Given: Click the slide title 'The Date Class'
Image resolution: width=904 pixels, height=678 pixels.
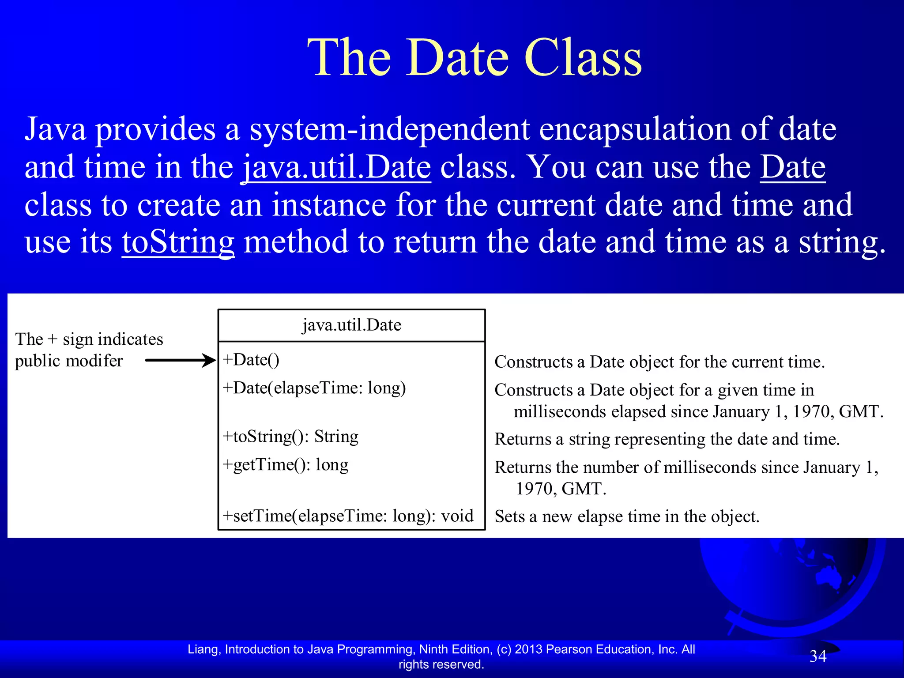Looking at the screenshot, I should click(475, 57).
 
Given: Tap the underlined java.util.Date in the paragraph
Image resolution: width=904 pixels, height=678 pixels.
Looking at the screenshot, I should click(336, 168).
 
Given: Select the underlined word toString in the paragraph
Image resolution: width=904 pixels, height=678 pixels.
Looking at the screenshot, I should click(178, 242).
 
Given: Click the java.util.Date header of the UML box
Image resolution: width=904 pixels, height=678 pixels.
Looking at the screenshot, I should click(351, 325).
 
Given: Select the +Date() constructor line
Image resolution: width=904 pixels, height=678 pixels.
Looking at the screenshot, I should click(251, 360).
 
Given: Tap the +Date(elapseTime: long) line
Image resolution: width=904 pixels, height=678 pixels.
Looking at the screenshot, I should click(314, 388).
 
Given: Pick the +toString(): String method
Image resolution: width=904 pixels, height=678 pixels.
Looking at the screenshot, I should click(290, 436).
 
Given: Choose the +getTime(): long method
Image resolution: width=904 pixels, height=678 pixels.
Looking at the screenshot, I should click(285, 464).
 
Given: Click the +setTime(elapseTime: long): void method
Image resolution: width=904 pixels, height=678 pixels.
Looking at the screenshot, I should click(348, 516).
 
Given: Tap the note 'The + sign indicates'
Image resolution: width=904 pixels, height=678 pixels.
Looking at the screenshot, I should click(89, 339).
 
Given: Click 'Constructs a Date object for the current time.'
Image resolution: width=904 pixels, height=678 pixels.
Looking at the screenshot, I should click(659, 362).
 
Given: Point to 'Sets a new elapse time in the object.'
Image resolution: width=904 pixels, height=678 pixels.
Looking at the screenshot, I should click(627, 516).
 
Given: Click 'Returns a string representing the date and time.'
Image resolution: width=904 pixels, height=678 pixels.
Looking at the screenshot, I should click(667, 439).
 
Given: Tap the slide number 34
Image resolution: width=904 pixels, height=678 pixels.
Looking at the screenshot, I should click(817, 656).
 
